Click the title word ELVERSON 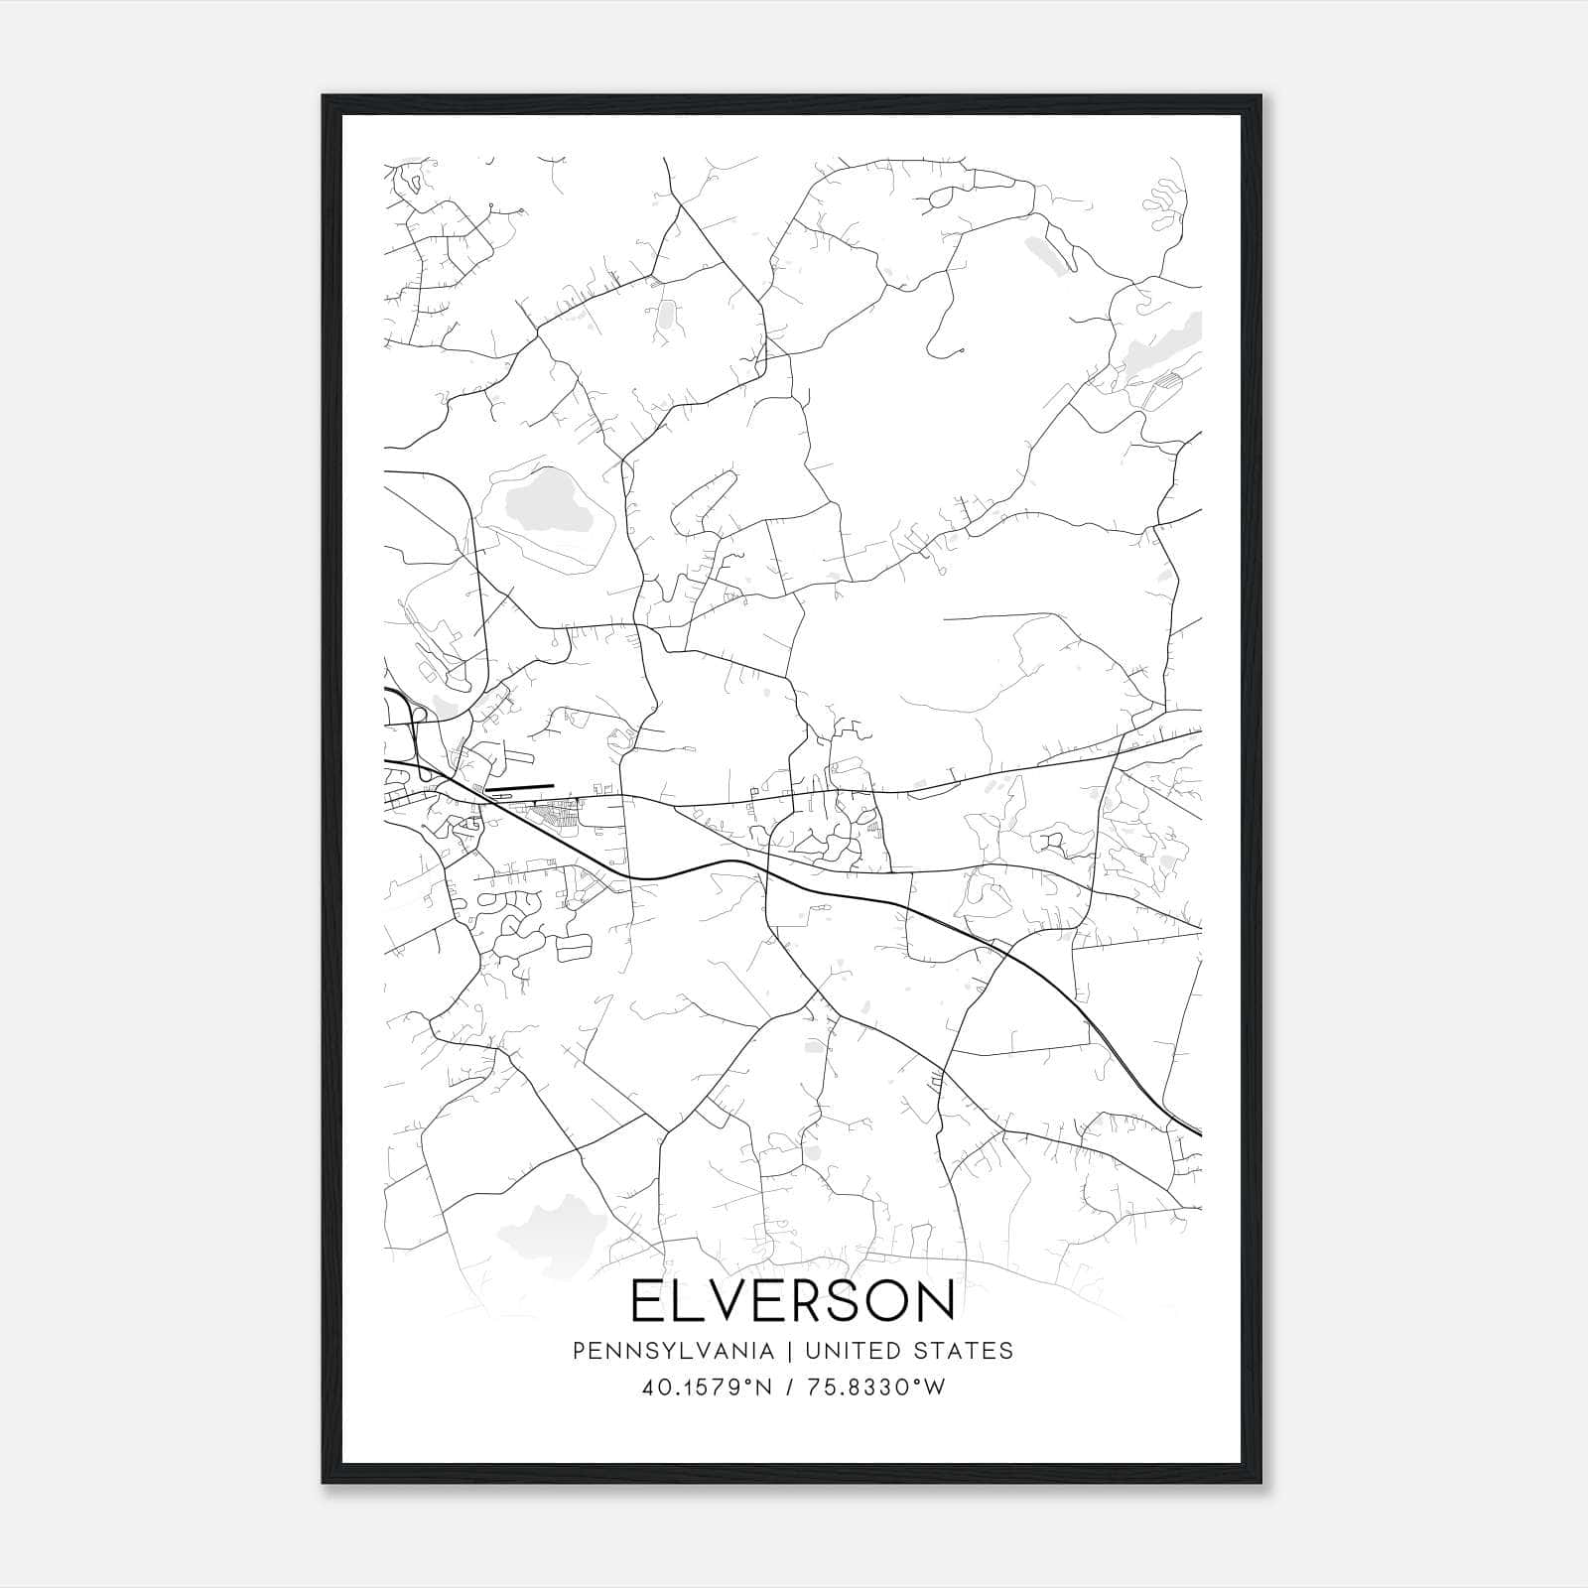[x=792, y=1301]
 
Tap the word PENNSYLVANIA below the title [x=659, y=1351]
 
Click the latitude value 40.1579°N [x=707, y=1388]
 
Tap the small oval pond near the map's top [x=666, y=316]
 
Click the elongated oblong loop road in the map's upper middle [x=703, y=504]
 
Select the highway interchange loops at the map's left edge [x=407, y=715]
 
